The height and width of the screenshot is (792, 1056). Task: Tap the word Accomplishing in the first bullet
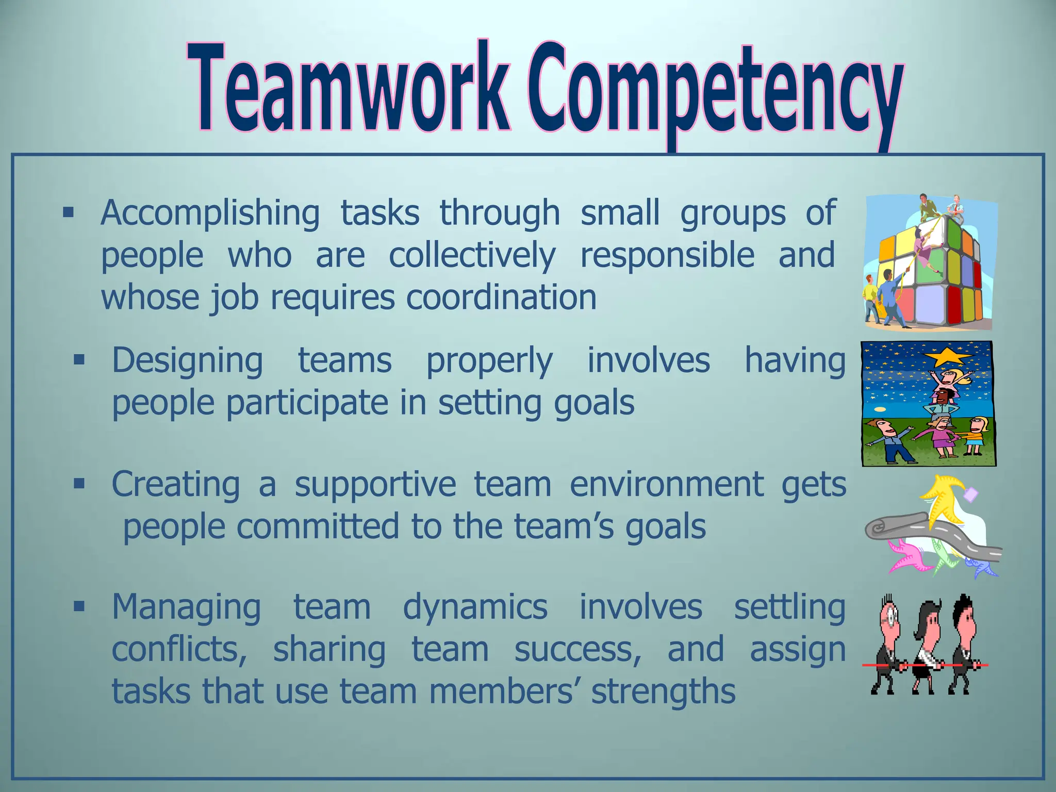[210, 213]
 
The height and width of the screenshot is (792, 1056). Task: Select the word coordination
[501, 298]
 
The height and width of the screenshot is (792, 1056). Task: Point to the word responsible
[667, 255]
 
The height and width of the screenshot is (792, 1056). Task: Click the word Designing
[188, 361]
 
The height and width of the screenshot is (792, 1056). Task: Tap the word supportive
[375, 485]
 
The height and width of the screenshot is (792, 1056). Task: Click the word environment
[667, 485]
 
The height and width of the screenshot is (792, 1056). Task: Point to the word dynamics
[475, 607]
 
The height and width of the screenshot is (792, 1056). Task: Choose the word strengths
[663, 692]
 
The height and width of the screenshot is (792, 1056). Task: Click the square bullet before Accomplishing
[68, 212]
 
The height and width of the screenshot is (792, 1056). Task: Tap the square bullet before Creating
[79, 484]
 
